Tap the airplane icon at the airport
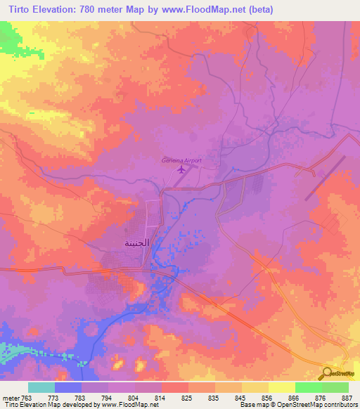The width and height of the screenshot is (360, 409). [181, 169]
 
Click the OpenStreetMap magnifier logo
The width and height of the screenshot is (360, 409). [327, 374]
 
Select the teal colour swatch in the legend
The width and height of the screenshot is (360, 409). [41, 387]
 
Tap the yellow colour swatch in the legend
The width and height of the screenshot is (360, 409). [281, 387]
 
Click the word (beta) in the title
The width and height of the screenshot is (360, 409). [259, 10]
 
